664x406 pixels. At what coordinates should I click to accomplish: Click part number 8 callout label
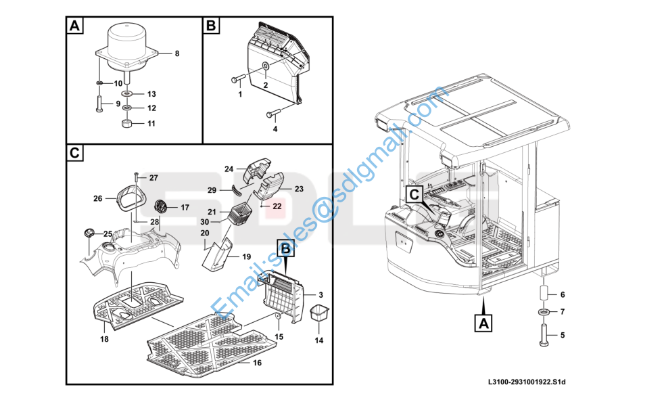point(177,53)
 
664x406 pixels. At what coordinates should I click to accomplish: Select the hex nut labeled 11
point(126,124)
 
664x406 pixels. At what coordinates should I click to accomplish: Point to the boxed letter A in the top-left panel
point(74,26)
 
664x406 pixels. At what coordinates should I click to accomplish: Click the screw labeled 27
point(136,177)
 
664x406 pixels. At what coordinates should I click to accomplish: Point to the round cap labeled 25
point(89,233)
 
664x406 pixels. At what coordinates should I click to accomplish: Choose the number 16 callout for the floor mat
point(257,363)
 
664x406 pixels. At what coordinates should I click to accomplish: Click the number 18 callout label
point(104,338)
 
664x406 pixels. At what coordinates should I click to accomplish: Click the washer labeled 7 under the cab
point(544,312)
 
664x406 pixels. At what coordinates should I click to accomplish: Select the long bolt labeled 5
point(544,334)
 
